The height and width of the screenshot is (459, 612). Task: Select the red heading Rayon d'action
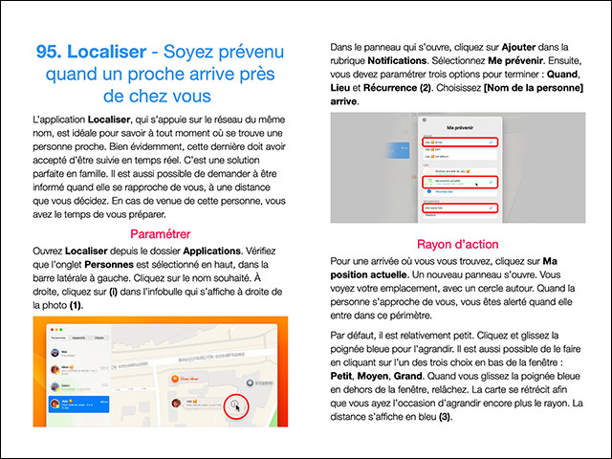point(457,244)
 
